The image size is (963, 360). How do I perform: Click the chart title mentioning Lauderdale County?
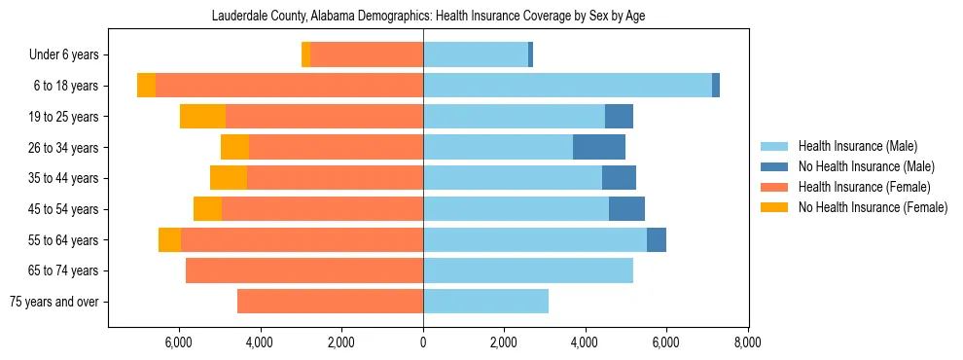click(428, 16)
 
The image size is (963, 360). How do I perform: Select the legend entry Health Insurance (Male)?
click(857, 146)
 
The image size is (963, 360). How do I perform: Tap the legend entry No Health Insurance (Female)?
click(873, 207)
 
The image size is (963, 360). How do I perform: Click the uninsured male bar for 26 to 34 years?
click(599, 147)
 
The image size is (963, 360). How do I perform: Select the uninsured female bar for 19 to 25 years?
click(202, 117)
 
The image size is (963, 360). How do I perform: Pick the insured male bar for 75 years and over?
click(485, 302)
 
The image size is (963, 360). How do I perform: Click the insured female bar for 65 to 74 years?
click(304, 270)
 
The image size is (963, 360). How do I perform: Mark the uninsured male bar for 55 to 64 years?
click(657, 240)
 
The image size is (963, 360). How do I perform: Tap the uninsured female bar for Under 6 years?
click(305, 54)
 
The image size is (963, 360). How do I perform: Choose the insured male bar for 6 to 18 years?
click(567, 86)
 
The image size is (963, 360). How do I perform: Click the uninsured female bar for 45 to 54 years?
click(207, 209)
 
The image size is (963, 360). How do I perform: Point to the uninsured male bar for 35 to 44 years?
click(619, 178)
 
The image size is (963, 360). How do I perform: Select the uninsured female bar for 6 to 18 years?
click(146, 86)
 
